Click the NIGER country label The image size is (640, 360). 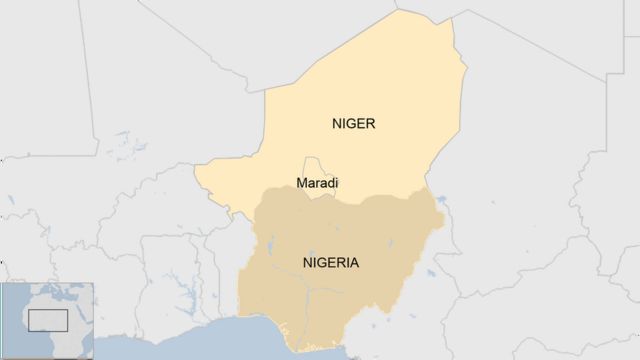click(353, 124)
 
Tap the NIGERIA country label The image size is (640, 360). click(330, 263)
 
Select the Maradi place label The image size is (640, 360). click(317, 184)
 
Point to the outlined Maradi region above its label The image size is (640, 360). click(316, 166)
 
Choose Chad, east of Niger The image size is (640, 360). click(520, 170)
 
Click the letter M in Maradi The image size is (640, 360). click(301, 184)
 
